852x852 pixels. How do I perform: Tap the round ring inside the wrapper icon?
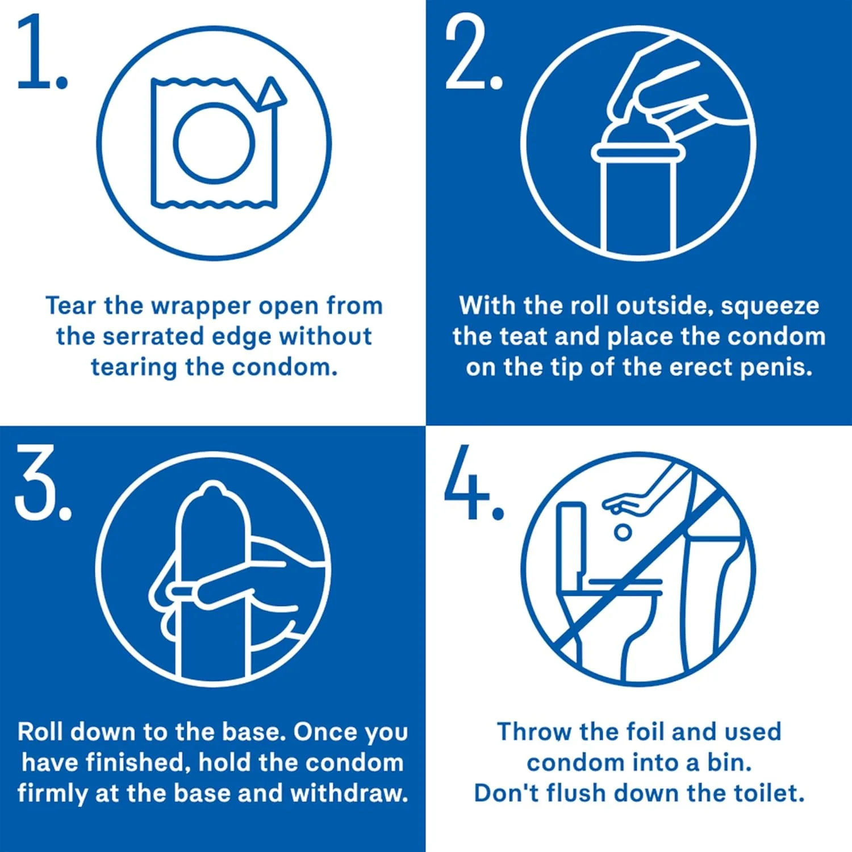point(214,143)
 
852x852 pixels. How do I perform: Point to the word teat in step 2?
point(522,336)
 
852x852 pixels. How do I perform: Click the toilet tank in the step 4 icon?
point(570,540)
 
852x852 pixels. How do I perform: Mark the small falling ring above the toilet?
point(623,532)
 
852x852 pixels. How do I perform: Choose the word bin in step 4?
point(729,762)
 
